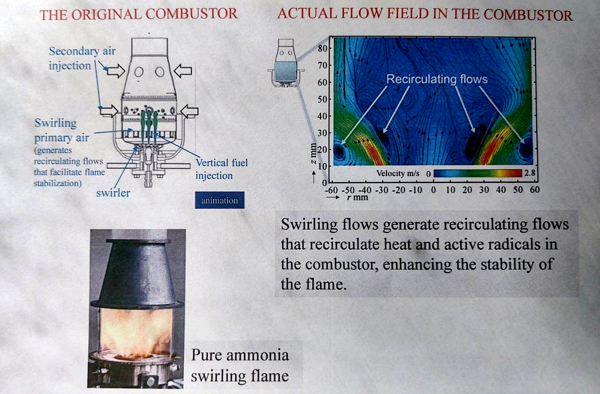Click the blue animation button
[x=219, y=200]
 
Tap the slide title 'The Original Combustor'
[x=139, y=14]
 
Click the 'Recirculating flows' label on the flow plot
[x=437, y=79]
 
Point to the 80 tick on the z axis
[x=323, y=49]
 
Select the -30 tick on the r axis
[x=381, y=190]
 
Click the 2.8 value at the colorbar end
[x=530, y=173]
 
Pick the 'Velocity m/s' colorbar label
[x=398, y=173]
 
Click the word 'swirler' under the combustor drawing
[x=113, y=193]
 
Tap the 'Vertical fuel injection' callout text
[x=222, y=169]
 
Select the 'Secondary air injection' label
[x=82, y=58]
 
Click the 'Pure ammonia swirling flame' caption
[x=240, y=365]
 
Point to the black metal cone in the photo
[x=137, y=273]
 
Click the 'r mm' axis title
[x=357, y=198]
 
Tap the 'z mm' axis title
[x=313, y=154]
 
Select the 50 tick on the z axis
[x=323, y=99]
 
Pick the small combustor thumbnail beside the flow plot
[x=286, y=63]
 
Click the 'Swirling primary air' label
[x=62, y=131]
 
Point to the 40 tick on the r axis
[x=501, y=190]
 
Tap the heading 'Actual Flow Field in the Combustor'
[x=425, y=14]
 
